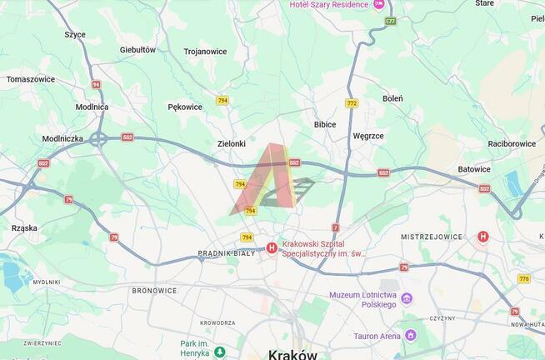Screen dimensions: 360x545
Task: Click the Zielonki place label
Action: [x=231, y=143]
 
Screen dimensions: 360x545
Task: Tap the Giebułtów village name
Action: [x=137, y=50]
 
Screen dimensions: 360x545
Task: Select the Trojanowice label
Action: [x=205, y=52]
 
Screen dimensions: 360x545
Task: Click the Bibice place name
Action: [x=324, y=124]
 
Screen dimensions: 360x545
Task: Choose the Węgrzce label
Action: [x=368, y=135]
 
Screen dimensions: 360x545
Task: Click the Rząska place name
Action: [x=25, y=227]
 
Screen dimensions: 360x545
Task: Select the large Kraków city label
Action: [x=292, y=353]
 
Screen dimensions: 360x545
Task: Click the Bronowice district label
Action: [x=154, y=291]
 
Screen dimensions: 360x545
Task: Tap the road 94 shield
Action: [x=97, y=84]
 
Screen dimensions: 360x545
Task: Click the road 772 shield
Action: [x=352, y=103]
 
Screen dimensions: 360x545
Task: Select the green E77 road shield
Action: [x=391, y=21]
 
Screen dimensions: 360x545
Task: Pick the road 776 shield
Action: [x=523, y=278]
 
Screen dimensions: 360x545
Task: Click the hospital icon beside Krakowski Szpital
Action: [x=272, y=247]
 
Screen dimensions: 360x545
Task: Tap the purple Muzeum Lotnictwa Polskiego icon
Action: [x=407, y=298]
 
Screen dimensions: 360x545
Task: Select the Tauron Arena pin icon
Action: [x=409, y=336]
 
